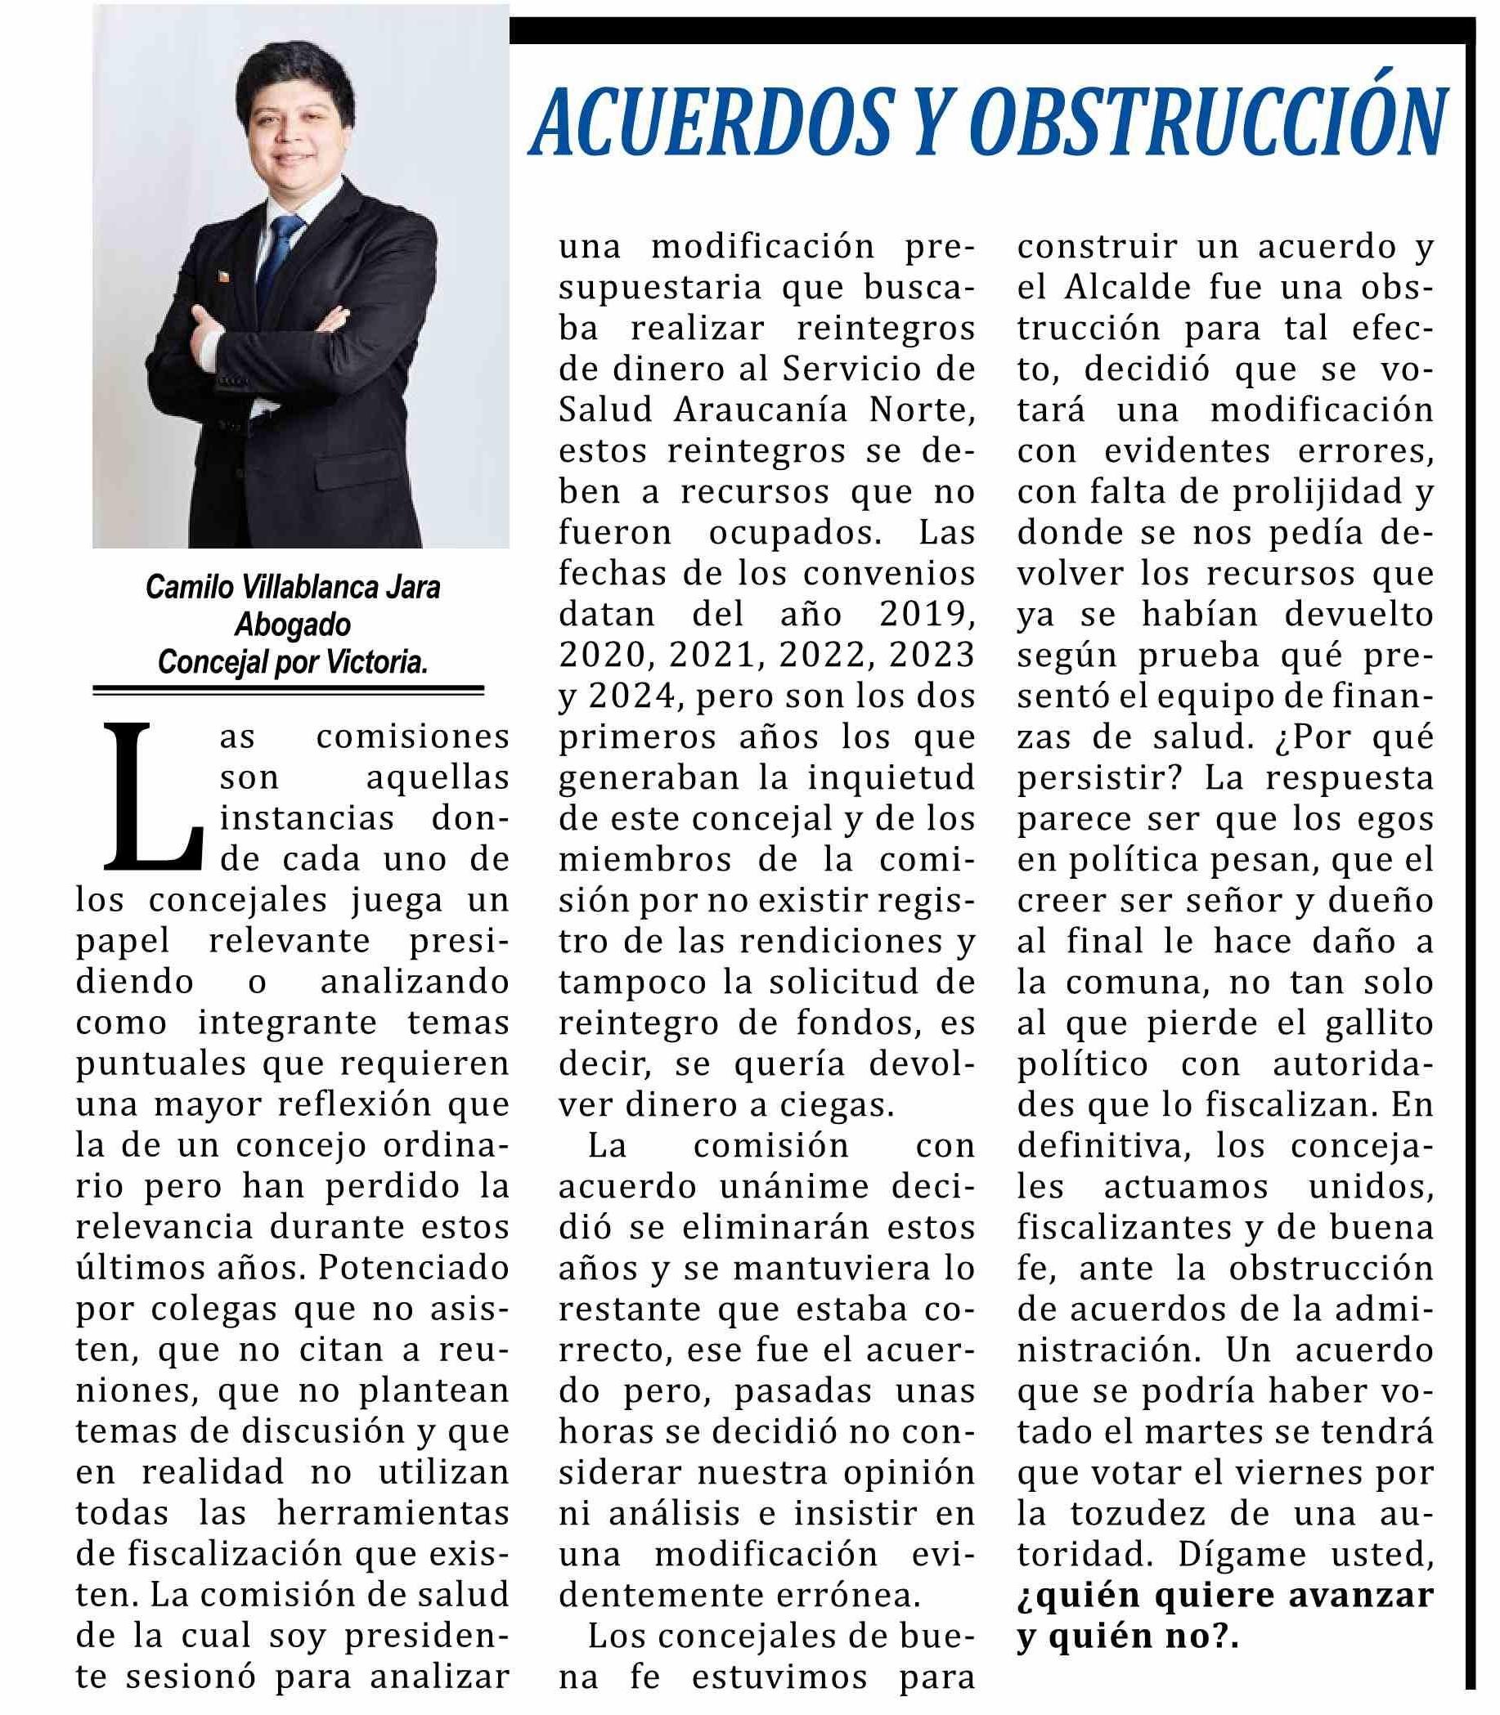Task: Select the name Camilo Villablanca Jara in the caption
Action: coord(292,587)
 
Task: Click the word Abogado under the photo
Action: coord(292,624)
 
